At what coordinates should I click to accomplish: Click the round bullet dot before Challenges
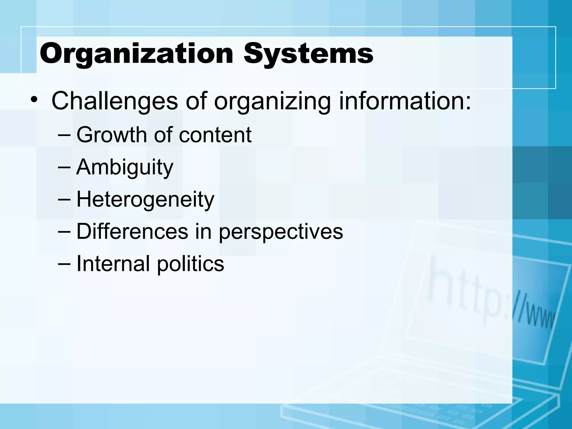point(34,100)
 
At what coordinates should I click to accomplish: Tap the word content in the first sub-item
point(215,135)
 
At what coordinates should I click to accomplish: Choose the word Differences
point(132,232)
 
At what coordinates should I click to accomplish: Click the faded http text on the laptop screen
point(464,293)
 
